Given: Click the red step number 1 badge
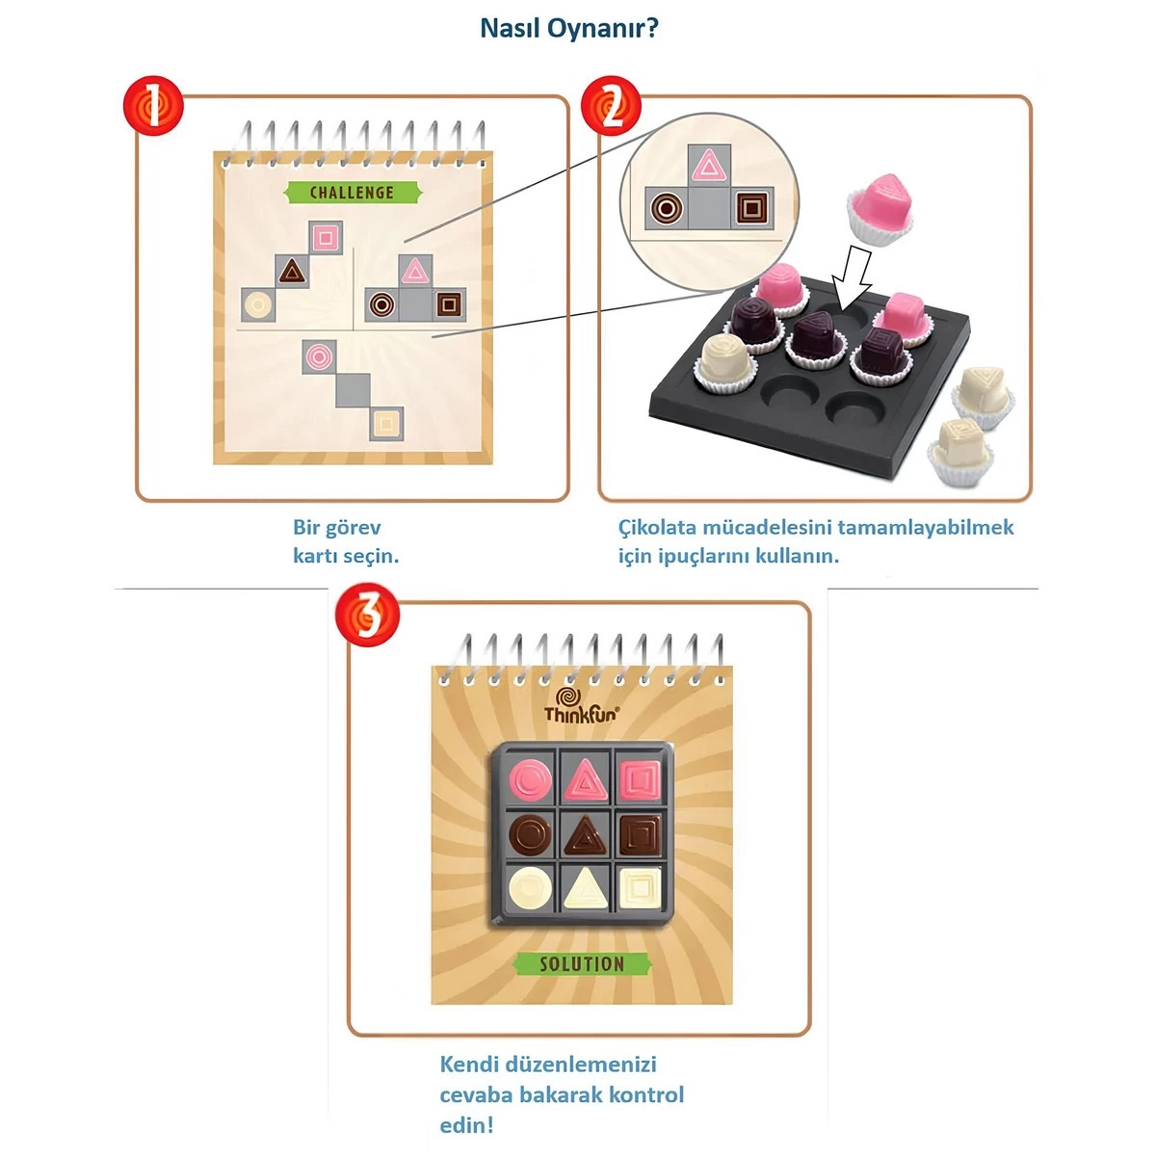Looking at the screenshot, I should click(153, 105).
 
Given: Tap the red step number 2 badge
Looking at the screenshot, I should click(611, 105).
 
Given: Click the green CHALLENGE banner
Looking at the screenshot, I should click(353, 193).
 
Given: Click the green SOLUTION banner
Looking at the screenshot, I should click(582, 964).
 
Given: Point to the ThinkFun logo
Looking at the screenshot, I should click(581, 707).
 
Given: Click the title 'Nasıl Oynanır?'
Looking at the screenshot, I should click(569, 28).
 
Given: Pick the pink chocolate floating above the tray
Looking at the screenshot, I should click(880, 205).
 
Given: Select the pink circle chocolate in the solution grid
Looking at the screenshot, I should click(530, 779).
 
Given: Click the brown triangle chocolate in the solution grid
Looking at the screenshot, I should click(583, 834).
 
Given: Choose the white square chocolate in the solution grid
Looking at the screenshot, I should click(638, 888).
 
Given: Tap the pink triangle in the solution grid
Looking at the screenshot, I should click(583, 779).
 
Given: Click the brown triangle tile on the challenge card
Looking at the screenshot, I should click(292, 272).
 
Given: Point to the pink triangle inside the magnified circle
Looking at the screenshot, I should click(709, 165).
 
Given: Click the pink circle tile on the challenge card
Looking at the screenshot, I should click(319, 355).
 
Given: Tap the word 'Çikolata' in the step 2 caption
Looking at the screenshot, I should click(657, 528).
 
